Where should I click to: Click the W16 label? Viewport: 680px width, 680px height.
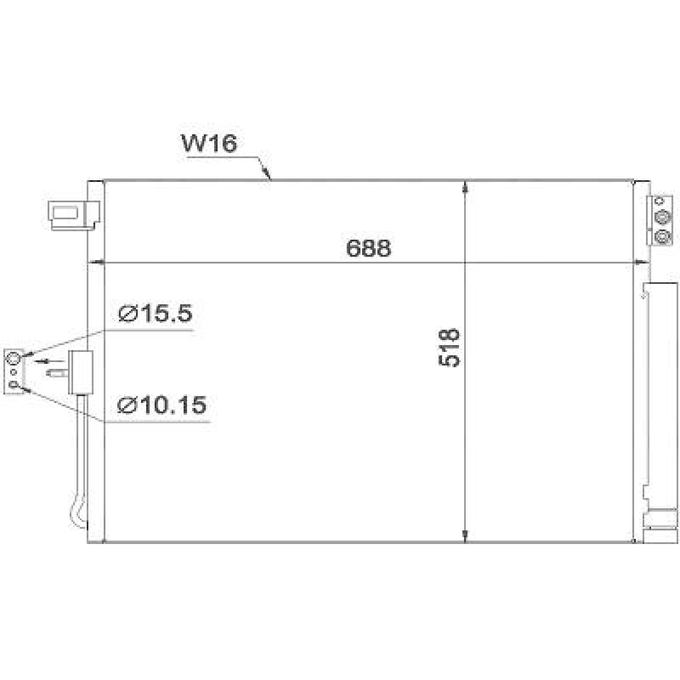[x=209, y=144]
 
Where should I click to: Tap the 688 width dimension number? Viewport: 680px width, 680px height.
[x=368, y=248]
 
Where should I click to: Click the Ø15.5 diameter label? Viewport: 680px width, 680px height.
[x=156, y=314]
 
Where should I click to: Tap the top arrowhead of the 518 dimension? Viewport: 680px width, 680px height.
[x=466, y=187]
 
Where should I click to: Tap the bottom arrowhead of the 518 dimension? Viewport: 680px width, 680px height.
[x=466, y=536]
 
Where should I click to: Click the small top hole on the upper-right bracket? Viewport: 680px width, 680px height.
[x=660, y=201]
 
